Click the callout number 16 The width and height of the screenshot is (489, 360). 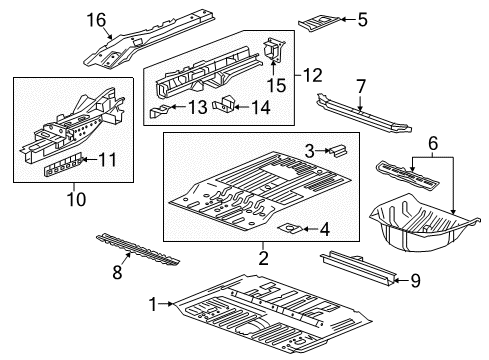pyautogui.click(x=124, y=20)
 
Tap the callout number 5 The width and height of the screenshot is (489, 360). pyautogui.click(x=362, y=17)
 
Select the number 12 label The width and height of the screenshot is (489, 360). pyautogui.click(x=313, y=74)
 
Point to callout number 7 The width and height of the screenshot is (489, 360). pyautogui.click(x=362, y=85)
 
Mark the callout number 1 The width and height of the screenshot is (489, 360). pyautogui.click(x=152, y=305)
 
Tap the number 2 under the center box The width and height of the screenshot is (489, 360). pyautogui.click(x=264, y=259)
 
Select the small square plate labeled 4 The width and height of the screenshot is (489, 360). pyautogui.click(x=291, y=229)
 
